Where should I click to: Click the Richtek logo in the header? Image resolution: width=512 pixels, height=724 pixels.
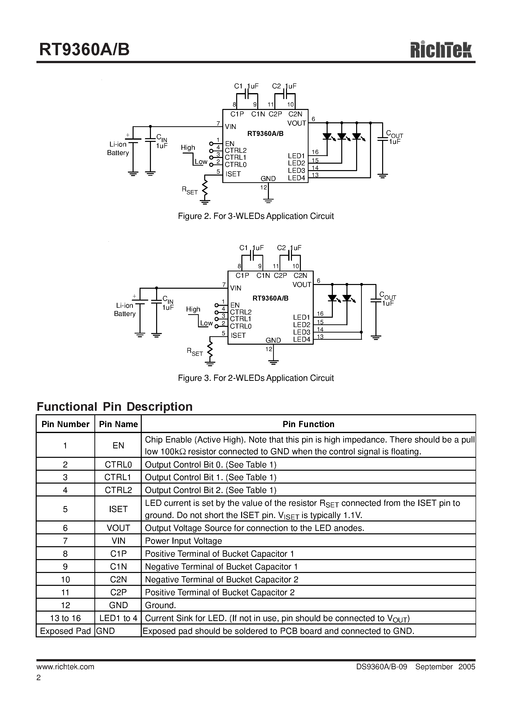[x=441, y=50]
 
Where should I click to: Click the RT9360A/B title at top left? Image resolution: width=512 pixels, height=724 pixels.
[x=84, y=50]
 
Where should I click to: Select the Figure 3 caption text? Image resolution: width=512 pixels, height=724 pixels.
[x=256, y=378]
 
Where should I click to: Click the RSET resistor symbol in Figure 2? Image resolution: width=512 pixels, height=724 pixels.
[x=205, y=188]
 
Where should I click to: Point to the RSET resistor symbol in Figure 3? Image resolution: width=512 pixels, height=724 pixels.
[x=210, y=350]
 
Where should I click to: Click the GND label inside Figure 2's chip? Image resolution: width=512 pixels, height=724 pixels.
[x=268, y=179]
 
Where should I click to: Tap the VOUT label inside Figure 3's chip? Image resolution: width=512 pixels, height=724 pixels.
[x=302, y=284]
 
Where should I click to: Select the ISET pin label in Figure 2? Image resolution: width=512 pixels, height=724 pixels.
[x=233, y=174]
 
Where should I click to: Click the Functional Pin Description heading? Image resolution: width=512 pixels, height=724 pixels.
[x=114, y=407]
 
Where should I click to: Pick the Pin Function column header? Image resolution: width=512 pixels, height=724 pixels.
[x=308, y=424]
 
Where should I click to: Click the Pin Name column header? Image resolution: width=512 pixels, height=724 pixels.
[x=118, y=424]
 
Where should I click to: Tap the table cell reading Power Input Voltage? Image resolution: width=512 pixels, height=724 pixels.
[x=183, y=541]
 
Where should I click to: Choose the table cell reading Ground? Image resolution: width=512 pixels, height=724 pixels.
[x=160, y=605]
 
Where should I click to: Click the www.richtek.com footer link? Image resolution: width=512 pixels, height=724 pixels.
[x=65, y=667]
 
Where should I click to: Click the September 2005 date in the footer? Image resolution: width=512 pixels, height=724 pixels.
[x=445, y=667]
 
